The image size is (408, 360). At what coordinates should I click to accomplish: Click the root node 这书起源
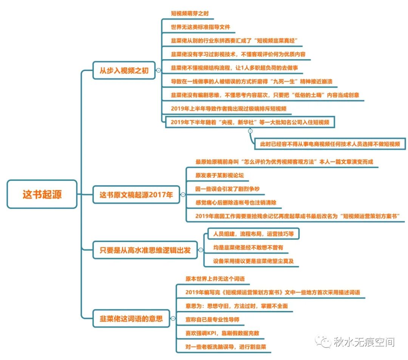(x=42, y=194)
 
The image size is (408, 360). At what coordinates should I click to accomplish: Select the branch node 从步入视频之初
(x=124, y=70)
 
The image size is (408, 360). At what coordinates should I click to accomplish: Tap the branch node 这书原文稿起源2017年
(x=136, y=195)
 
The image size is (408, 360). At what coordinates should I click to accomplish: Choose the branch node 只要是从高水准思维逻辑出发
(x=145, y=250)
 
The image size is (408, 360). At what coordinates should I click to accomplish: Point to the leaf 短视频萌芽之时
(x=190, y=13)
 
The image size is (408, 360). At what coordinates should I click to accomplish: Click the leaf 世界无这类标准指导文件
(x=200, y=27)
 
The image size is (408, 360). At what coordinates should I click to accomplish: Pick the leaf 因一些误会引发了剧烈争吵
(x=227, y=189)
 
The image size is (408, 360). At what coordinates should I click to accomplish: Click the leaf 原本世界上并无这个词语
(x=215, y=278)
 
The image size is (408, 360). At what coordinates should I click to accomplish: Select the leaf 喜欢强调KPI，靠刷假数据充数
(x=222, y=333)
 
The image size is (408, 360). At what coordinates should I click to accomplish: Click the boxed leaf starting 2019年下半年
(x=250, y=122)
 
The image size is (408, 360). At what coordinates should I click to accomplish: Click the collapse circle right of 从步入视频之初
(x=158, y=70)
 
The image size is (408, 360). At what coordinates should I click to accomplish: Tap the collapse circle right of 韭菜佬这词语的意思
(x=173, y=318)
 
